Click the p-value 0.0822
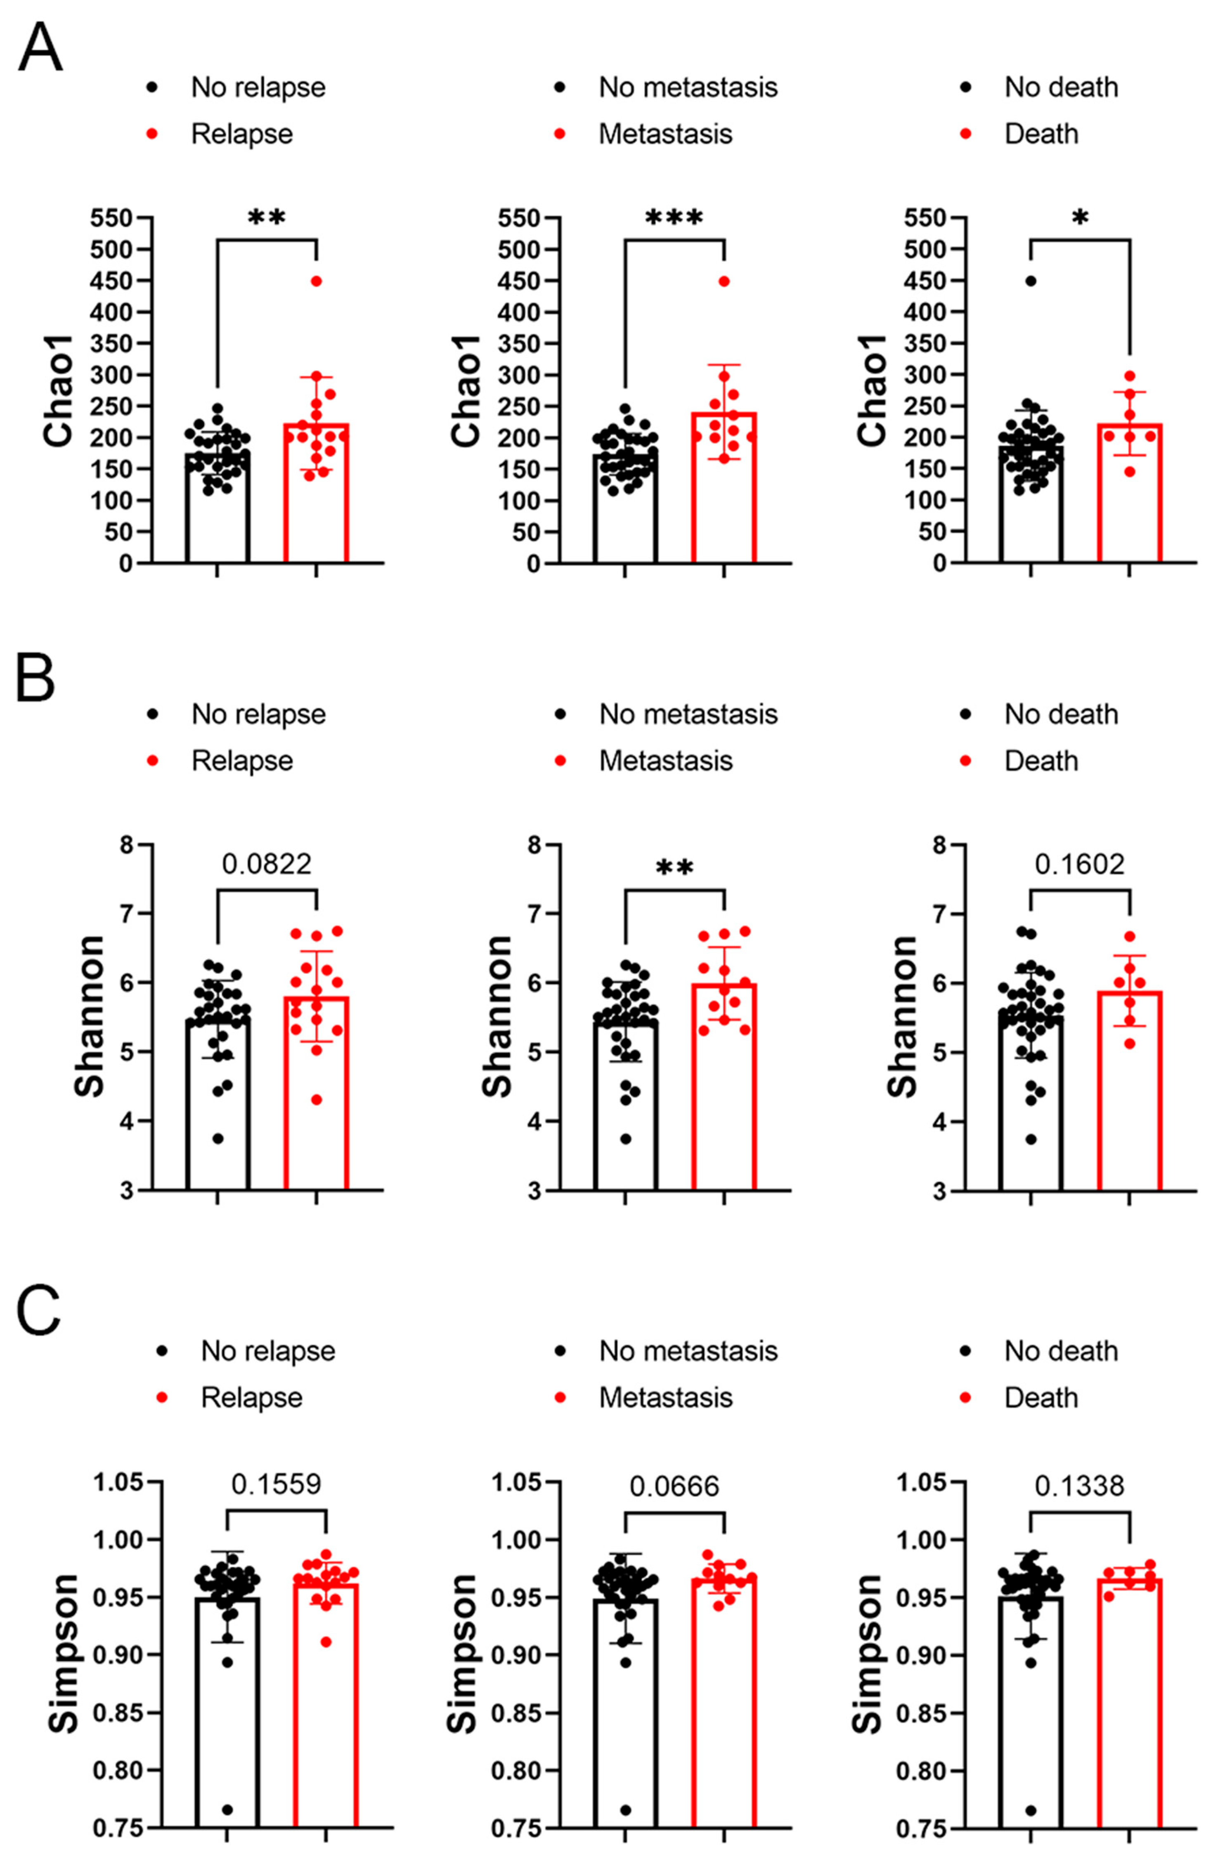(267, 864)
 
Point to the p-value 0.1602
(1079, 864)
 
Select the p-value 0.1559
(276, 1484)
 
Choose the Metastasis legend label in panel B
(665, 761)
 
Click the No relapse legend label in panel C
(267, 1350)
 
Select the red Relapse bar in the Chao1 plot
(316, 494)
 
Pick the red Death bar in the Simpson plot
(1129, 1709)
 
